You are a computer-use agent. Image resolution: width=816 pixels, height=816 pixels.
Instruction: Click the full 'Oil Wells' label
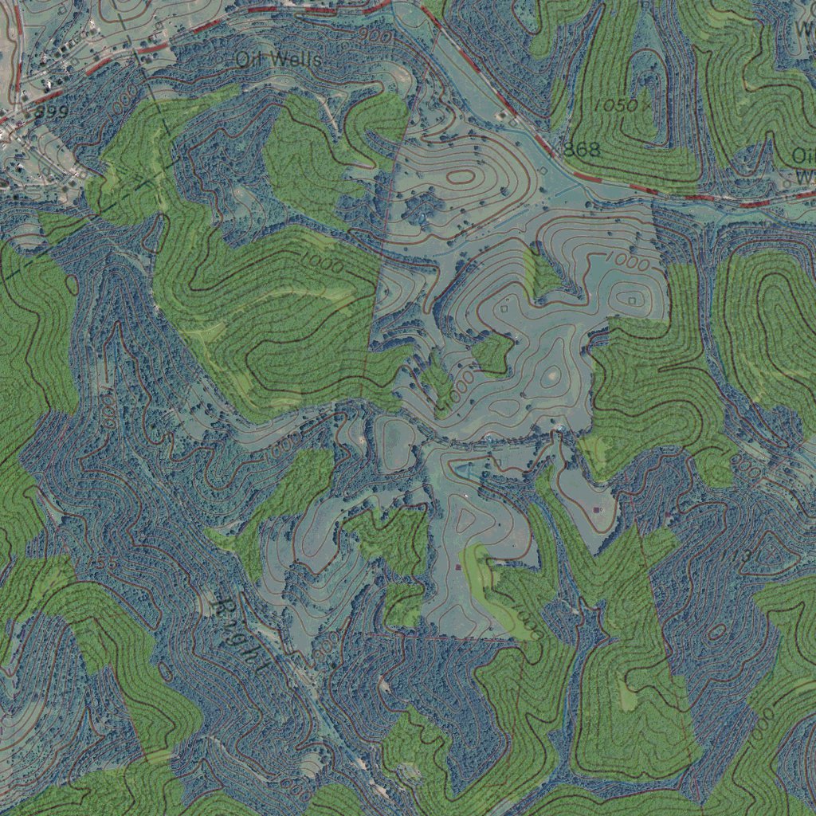point(279,60)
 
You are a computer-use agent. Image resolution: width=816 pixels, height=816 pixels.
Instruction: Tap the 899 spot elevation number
point(51,112)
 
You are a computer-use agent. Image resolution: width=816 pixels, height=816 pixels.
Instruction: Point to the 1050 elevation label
point(615,105)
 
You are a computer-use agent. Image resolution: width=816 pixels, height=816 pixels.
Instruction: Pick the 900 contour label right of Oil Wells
point(377,37)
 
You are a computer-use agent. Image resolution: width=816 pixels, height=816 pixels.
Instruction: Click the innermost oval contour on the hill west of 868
point(461,177)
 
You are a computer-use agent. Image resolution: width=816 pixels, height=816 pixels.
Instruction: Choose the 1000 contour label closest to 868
point(626,260)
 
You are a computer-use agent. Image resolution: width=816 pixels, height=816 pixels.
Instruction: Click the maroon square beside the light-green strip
point(458,567)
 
